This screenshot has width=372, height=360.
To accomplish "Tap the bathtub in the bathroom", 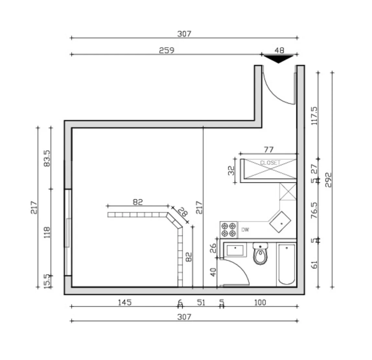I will [x=286, y=264].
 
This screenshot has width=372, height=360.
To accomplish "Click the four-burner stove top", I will [x=228, y=230].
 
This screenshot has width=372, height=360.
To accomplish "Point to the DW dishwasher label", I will [x=245, y=230].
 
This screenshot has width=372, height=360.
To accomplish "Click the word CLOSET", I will [x=270, y=162].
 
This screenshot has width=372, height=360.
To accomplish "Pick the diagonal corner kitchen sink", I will [x=281, y=223].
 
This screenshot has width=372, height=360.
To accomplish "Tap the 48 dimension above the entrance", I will [x=279, y=50].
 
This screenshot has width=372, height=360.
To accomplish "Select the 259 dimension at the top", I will [x=166, y=50].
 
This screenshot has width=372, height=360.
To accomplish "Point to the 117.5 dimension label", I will [x=314, y=116].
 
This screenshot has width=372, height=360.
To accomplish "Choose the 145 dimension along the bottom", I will [x=124, y=303].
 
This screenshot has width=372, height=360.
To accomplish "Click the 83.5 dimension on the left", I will [x=47, y=158].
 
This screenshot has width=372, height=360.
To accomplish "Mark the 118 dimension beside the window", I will [x=47, y=233].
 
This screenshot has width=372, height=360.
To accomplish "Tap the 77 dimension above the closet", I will [x=269, y=150].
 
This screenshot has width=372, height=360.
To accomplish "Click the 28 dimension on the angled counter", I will [x=182, y=213].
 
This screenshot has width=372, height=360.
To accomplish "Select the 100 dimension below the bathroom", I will [x=260, y=303].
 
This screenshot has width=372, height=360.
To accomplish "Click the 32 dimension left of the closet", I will [x=231, y=171].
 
